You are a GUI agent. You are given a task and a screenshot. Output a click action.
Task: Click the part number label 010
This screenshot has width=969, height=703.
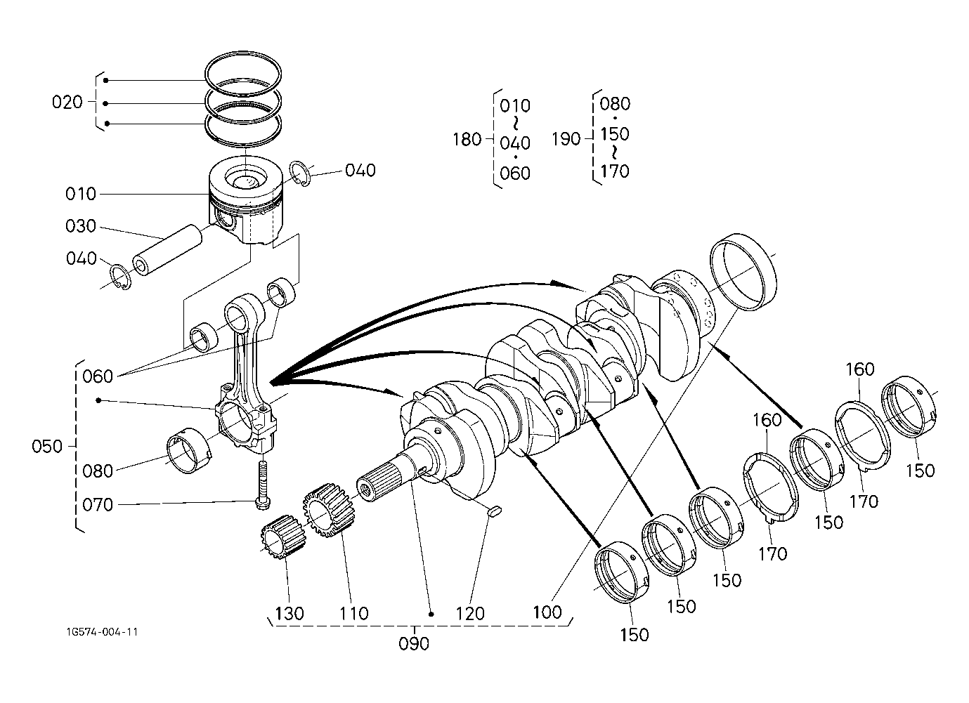pyautogui.click(x=81, y=194)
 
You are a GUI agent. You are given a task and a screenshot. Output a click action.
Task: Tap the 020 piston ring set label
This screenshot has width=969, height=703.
pyautogui.click(x=67, y=103)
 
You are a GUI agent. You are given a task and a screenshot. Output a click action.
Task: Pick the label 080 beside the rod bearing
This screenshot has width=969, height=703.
pyautogui.click(x=98, y=471)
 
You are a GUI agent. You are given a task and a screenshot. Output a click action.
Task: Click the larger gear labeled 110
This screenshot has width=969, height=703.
pyautogui.click(x=328, y=510)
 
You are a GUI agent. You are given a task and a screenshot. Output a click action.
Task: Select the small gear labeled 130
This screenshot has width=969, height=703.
pyautogui.click(x=283, y=537)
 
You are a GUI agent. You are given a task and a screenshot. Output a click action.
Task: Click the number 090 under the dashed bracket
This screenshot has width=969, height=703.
pyautogui.click(x=414, y=644)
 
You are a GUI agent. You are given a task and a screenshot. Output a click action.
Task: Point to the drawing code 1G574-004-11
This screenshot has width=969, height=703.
pyautogui.click(x=102, y=632)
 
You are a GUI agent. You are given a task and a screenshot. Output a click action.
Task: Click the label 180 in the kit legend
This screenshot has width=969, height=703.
pyautogui.click(x=467, y=140)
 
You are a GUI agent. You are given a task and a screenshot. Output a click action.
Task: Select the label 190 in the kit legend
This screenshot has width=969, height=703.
pyautogui.click(x=566, y=139)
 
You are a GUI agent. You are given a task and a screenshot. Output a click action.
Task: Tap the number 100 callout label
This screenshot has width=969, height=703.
pyautogui.click(x=547, y=612)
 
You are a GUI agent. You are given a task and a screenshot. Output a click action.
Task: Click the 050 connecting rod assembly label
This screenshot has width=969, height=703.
pyautogui.click(x=46, y=446)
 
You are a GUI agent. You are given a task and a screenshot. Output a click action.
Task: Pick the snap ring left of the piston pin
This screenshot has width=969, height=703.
pyautogui.click(x=120, y=277)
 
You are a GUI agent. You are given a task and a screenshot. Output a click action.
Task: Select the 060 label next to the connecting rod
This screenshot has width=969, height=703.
pyautogui.click(x=98, y=376)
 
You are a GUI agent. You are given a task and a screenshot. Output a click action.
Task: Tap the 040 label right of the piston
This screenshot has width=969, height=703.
pyautogui.click(x=360, y=171)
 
